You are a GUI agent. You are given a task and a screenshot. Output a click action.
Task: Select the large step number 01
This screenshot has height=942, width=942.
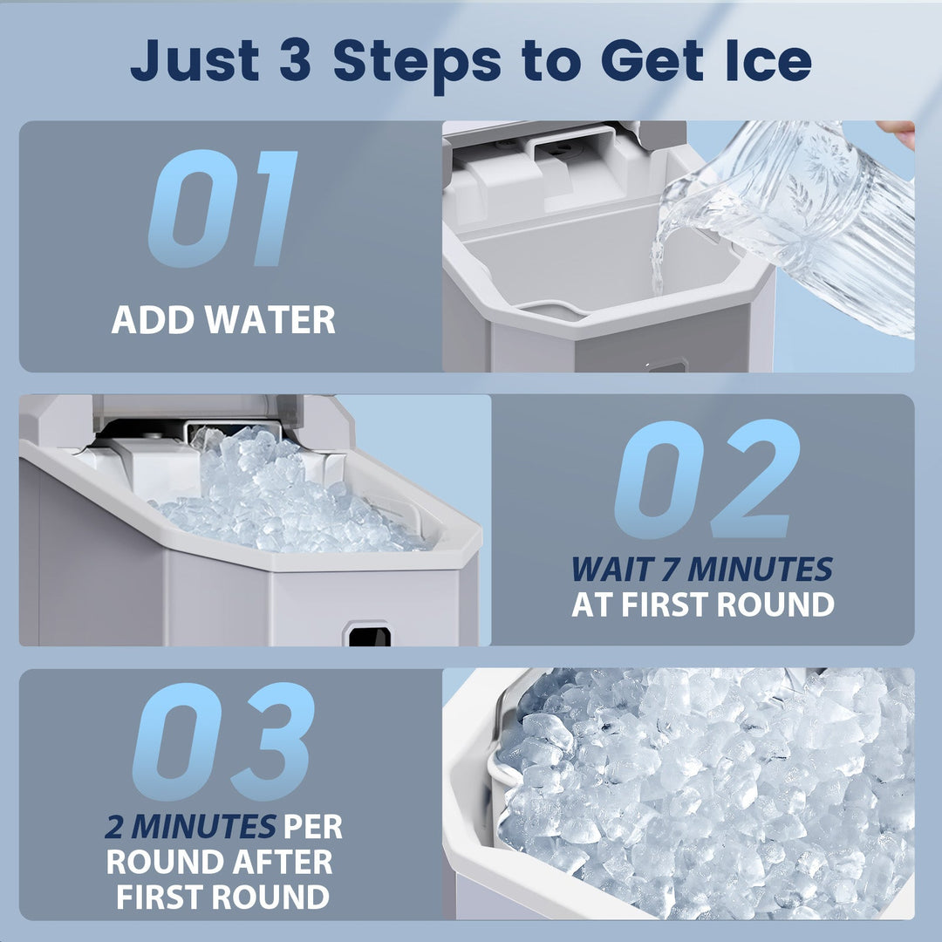[x=223, y=209]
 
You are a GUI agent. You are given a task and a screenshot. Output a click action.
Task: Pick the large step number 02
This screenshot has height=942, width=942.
[x=706, y=479]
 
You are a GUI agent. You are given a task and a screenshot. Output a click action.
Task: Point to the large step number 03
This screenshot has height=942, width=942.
[x=223, y=741]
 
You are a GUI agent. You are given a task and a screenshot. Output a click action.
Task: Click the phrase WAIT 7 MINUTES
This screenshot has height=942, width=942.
[x=702, y=570]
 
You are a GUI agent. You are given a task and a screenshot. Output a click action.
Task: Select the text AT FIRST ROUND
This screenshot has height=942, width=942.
[x=702, y=604]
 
